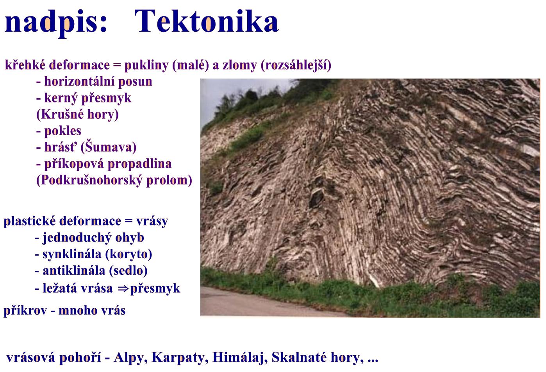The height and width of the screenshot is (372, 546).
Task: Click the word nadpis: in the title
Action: click(56, 23)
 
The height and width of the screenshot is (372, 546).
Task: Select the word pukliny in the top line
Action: click(146, 65)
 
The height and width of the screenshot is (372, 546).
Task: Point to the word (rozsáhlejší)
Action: click(296, 65)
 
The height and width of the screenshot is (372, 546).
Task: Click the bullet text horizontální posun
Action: click(98, 82)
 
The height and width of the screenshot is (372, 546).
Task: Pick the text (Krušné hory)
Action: click(77, 114)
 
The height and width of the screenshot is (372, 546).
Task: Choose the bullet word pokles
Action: click(62, 131)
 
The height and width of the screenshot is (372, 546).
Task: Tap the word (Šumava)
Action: click(108, 147)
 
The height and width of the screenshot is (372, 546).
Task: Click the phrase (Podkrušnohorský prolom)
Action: click(114, 180)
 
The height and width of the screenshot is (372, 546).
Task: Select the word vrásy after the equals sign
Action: click(152, 221)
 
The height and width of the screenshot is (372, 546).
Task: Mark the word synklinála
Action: click(72, 254)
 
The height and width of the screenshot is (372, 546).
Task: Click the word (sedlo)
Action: click(128, 270)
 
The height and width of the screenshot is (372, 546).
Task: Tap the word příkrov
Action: click(25, 311)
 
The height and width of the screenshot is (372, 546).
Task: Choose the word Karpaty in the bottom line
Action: click(180, 358)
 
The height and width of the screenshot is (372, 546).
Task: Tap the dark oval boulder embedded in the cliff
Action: click(316, 198)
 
